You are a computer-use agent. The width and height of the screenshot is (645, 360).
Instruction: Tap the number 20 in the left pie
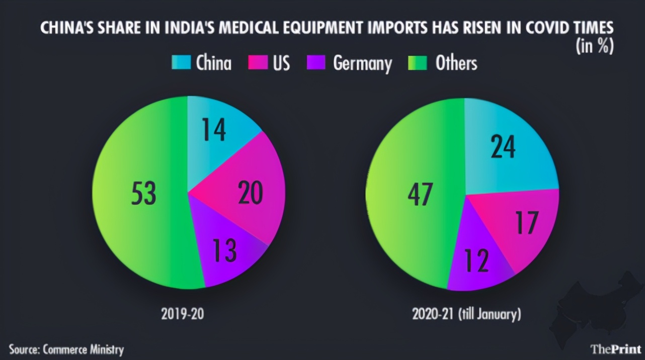(250, 194)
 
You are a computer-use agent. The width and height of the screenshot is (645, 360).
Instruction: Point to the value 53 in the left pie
(143, 194)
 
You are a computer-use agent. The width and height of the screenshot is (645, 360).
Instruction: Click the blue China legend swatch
(181, 63)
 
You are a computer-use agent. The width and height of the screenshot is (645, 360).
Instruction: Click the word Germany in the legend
(362, 64)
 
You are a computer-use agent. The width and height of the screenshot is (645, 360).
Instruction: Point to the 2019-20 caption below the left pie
(183, 314)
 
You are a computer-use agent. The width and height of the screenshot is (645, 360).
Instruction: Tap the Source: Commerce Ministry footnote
(66, 349)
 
